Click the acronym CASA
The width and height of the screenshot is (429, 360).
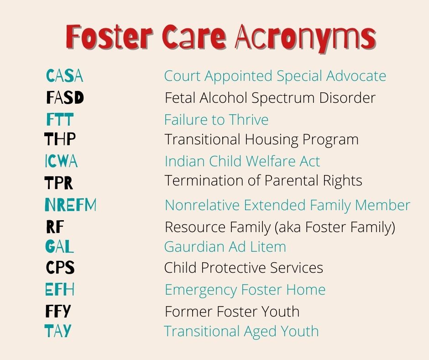(64, 76)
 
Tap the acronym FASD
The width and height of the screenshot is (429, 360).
(65, 97)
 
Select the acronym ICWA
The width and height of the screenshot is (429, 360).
(61, 161)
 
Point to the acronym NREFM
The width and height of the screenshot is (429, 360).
(71, 205)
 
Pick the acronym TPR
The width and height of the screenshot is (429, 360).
(58, 183)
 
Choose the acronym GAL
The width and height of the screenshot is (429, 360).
(59, 246)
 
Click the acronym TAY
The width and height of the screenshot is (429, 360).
(58, 331)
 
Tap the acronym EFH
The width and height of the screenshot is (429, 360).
(60, 289)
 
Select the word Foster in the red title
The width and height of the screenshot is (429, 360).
(109, 37)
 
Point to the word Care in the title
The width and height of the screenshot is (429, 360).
(194, 37)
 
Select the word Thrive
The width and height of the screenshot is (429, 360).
(249, 120)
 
